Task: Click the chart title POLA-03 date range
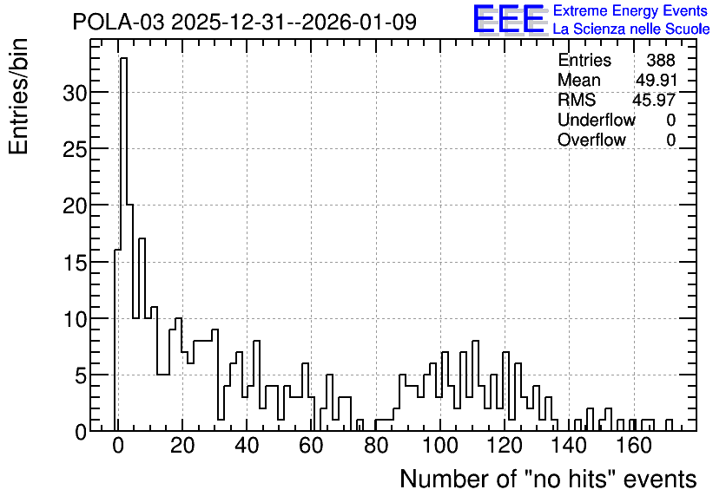click(245, 22)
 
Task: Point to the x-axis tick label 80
click(375, 446)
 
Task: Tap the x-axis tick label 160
click(634, 446)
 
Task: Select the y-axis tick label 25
click(75, 149)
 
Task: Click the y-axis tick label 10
click(75, 319)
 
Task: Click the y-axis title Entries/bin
click(19, 96)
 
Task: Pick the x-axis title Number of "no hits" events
click(548, 479)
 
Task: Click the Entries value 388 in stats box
click(661, 60)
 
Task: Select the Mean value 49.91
click(656, 80)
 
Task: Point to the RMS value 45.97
click(654, 100)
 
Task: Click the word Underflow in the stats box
click(597, 120)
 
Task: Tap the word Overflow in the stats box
click(591, 140)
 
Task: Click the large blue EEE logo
click(509, 19)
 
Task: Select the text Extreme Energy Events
click(630, 10)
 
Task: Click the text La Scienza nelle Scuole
click(631, 29)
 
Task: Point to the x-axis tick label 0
click(118, 446)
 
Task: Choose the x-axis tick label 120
click(505, 446)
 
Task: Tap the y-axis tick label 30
click(75, 93)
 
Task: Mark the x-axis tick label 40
click(247, 446)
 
